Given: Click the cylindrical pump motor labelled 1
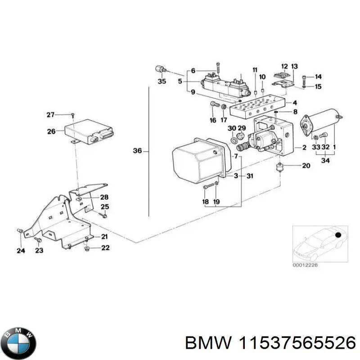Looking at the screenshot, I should (x=321, y=120).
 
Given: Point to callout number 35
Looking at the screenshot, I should (x=162, y=81).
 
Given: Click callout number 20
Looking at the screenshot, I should (x=306, y=166).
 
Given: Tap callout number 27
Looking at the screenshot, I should (x=51, y=115).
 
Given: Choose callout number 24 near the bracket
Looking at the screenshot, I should (x=20, y=251).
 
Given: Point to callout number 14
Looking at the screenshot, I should (x=318, y=76).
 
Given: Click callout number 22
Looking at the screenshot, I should (x=105, y=247).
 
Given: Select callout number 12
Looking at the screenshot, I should (x=284, y=67).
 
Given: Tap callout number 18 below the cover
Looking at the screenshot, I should (x=205, y=202).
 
